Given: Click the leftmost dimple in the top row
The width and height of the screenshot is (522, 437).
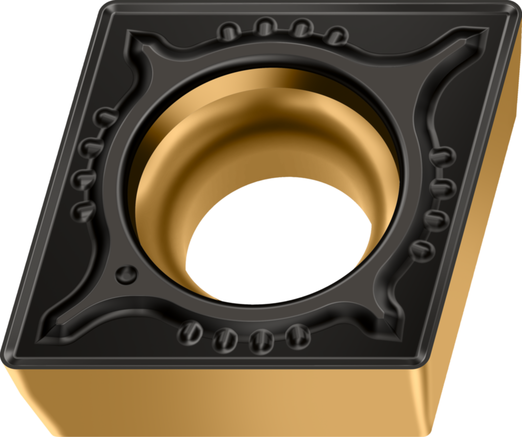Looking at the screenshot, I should click(x=229, y=32).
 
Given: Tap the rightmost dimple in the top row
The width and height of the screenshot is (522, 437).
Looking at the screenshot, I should click(x=336, y=36).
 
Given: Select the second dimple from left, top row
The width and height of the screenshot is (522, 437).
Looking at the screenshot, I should click(x=266, y=26).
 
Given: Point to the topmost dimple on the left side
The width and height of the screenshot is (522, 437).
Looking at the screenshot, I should click(x=106, y=118).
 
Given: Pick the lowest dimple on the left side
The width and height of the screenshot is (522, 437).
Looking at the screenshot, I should click(x=83, y=210).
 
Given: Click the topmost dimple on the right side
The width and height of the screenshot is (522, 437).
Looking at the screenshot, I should click(x=442, y=156).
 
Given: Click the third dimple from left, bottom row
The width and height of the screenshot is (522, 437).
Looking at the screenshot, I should click(x=262, y=340).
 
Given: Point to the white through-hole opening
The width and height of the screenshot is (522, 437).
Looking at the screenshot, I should click(x=278, y=240).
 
